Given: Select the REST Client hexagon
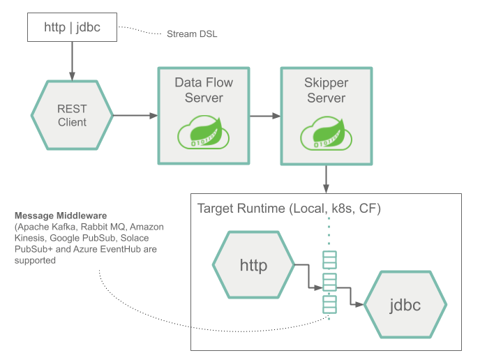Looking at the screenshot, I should [71, 115].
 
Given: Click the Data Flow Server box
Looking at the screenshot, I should [203, 115].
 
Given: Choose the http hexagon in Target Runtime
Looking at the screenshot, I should [253, 266].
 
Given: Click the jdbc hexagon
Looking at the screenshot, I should [405, 304].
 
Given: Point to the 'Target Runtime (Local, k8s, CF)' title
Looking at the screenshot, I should [289, 209].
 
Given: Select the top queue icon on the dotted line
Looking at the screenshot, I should [329, 260].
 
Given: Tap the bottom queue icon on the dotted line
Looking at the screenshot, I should [329, 305].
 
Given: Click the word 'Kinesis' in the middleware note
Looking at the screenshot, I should [31, 239].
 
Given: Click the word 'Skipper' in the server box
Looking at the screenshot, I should [327, 83].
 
